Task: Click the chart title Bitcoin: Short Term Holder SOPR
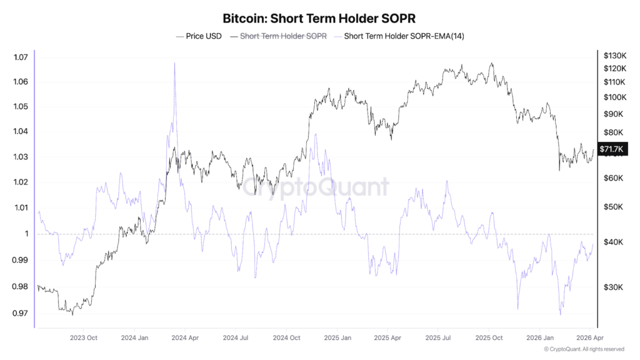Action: coord(319,18)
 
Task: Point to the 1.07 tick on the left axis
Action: coord(21,57)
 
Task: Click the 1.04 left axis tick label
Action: coord(21,131)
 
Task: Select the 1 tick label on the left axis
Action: coord(27,234)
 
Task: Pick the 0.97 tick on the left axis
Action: coord(21,313)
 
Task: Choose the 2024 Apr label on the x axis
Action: coord(186,337)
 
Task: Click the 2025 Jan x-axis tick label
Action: coord(337,337)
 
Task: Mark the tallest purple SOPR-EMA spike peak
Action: coord(174,63)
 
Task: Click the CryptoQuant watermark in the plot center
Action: coord(316,187)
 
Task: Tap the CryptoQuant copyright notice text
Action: coord(584,349)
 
